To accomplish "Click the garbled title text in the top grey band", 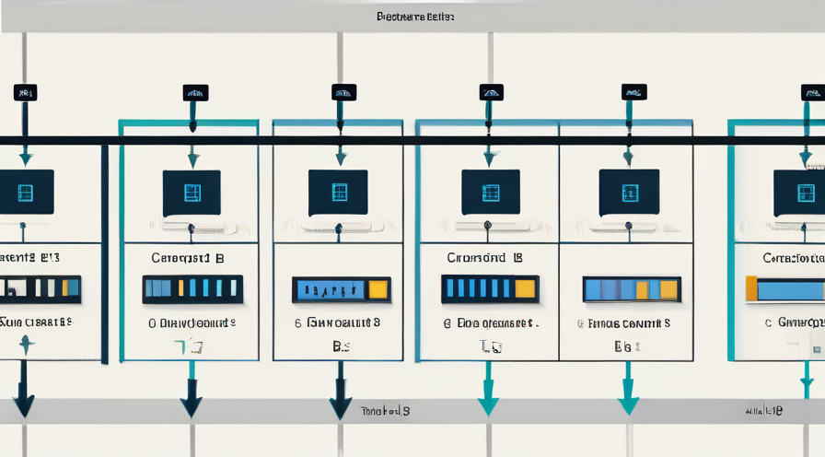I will pos(415,17).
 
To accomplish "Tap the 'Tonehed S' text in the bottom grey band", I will pos(385,410).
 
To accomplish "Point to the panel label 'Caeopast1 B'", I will pos(187,259).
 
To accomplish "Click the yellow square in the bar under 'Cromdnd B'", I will pos(525,288).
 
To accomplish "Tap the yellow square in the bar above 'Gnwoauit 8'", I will pos(378,289).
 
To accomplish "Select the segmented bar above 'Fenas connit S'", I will pos(632,289).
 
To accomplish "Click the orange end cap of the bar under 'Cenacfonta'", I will pos(751,288).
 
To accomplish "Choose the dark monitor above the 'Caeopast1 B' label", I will pos(192,193).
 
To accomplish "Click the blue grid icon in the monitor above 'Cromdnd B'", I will pos(491,193).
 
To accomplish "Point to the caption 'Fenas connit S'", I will pos(623,324).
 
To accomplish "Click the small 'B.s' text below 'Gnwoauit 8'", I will pos(342,347).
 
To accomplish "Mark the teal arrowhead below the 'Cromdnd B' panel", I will pos(488,405).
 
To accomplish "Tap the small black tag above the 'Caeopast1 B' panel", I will pos(195,92).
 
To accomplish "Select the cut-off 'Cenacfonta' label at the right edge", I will pos(793,259).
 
